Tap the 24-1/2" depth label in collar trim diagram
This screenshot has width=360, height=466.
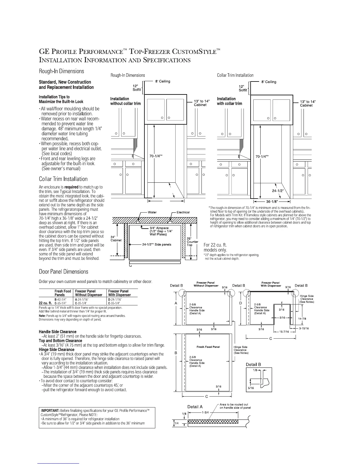[277, 191]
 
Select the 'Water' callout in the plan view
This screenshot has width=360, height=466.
[152, 212]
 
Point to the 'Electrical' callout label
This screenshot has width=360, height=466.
[183, 212]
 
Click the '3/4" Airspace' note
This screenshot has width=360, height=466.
[159, 228]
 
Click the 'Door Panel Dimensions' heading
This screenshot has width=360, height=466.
[64, 272]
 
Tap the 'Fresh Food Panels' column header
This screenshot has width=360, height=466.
[63, 293]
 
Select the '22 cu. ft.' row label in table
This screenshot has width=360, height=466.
[46, 302]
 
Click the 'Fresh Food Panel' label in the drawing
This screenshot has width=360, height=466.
[208, 347]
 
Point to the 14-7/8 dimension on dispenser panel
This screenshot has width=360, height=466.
[302, 318]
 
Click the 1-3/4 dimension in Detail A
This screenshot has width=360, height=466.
[205, 412]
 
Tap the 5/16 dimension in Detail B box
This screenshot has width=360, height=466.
[251, 388]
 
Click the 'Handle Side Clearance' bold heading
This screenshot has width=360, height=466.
[58, 332]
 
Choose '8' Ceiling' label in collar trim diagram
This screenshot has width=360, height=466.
[269, 82]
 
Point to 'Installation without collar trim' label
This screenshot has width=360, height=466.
[125, 101]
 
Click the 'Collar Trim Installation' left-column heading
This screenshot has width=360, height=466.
[63, 179]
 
